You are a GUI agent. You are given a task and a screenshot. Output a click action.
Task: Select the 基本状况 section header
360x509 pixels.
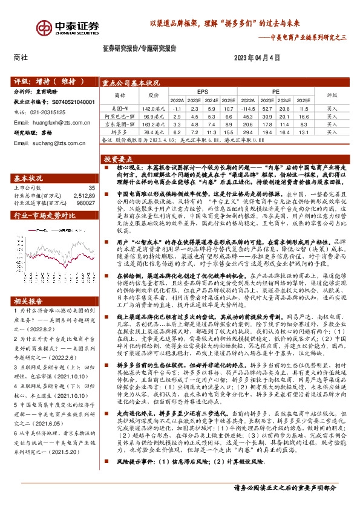[x=28, y=178]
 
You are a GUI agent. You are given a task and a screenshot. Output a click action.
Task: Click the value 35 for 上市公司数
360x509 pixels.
[x=91, y=188]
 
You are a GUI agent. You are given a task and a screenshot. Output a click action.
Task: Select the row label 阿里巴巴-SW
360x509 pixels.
[x=119, y=115]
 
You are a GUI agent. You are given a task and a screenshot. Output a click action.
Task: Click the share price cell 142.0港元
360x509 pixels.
[x=154, y=107]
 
